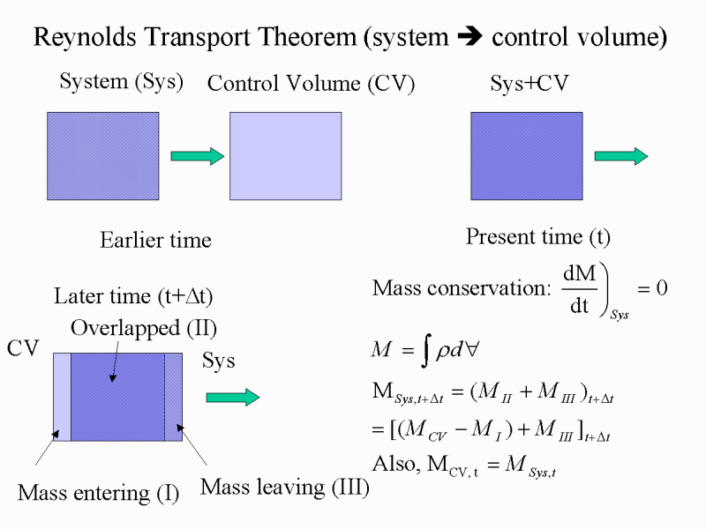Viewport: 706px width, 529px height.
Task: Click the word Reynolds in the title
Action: pos(85,37)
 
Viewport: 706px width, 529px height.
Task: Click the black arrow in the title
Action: pos(469,36)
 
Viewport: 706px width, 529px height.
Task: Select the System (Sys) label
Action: pos(122,82)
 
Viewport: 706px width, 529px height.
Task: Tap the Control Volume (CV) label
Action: pos(311,84)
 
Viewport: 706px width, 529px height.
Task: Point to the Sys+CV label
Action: pos(529,83)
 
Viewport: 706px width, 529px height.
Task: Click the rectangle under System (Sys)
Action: pos(103,156)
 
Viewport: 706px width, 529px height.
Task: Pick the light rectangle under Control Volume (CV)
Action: pos(285,156)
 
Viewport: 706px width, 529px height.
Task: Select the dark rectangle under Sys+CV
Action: pos(527,156)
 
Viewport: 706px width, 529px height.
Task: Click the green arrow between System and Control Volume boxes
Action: pos(197,156)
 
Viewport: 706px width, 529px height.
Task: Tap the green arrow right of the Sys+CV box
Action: pos(621,156)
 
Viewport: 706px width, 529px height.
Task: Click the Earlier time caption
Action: pos(155,240)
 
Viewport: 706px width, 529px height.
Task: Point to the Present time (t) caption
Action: pos(538,236)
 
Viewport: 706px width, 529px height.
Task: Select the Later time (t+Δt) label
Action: pos(133,296)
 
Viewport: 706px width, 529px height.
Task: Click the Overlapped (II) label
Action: pos(144,328)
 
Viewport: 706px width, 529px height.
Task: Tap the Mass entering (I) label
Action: pos(99,493)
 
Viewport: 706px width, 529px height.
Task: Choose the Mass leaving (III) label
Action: pos(285,488)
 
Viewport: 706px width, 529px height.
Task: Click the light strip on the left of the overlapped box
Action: pos(62,397)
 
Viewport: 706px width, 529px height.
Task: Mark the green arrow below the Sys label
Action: pos(233,398)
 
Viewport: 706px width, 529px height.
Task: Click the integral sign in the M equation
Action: pos(426,350)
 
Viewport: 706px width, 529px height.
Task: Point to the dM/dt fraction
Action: pos(580,289)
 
